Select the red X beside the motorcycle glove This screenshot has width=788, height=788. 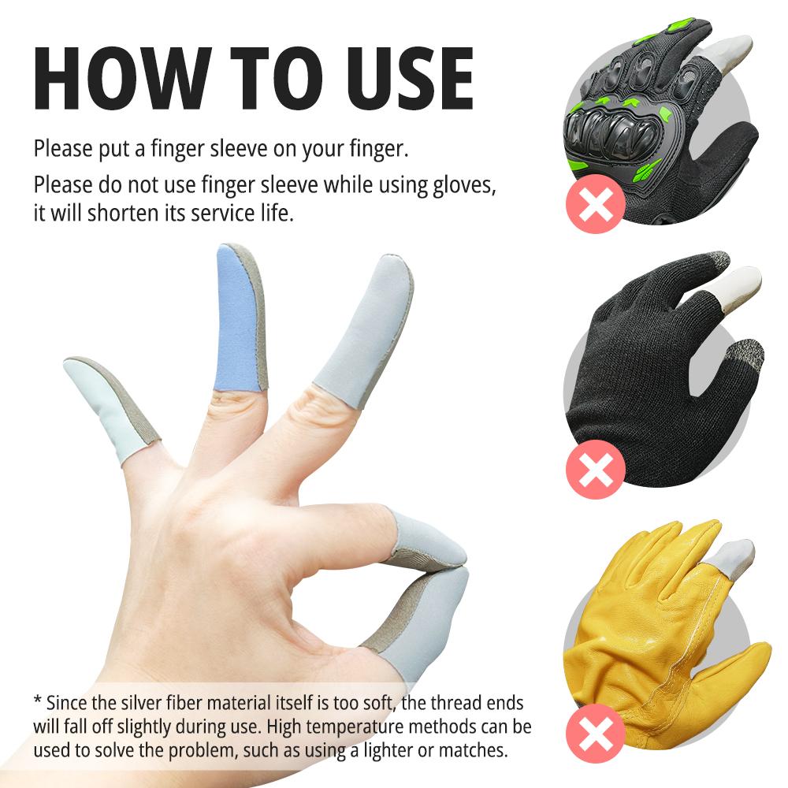(596, 204)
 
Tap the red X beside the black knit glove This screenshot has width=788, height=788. (596, 470)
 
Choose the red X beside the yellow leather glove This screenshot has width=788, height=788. (596, 733)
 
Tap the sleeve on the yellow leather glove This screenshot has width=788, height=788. (730, 559)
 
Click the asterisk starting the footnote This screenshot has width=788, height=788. (37, 700)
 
